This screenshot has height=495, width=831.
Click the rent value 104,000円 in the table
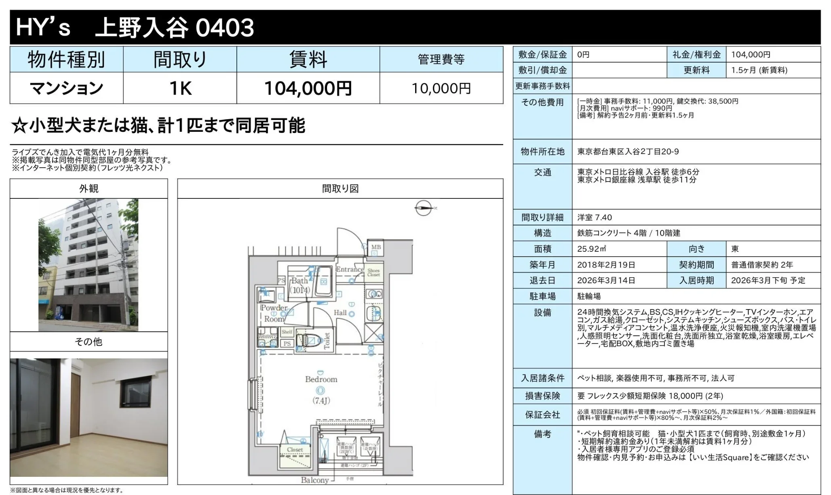tap(308, 88)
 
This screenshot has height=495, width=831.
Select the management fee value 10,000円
tap(441, 88)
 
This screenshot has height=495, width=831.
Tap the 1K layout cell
tap(180, 88)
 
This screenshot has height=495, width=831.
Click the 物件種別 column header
tap(66, 60)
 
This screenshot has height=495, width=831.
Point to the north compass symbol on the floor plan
tap(424, 208)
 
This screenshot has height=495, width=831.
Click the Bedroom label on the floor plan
tap(321, 379)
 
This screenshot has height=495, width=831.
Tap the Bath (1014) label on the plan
tap(300, 285)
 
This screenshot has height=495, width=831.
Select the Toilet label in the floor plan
tap(327, 340)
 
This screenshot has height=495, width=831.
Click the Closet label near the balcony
tap(295, 450)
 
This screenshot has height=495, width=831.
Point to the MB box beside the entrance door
tap(375, 247)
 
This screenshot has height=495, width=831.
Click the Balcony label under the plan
tap(314, 480)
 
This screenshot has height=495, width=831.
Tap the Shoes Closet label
tap(373, 273)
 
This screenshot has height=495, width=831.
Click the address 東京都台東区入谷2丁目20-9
tap(628, 152)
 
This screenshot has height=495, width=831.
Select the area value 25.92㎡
tap(592, 249)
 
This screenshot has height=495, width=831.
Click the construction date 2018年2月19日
tap(606, 265)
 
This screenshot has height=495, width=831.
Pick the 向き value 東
tap(735, 249)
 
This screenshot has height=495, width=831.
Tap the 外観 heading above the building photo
tap(89, 189)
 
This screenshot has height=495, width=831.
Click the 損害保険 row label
tap(542, 396)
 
